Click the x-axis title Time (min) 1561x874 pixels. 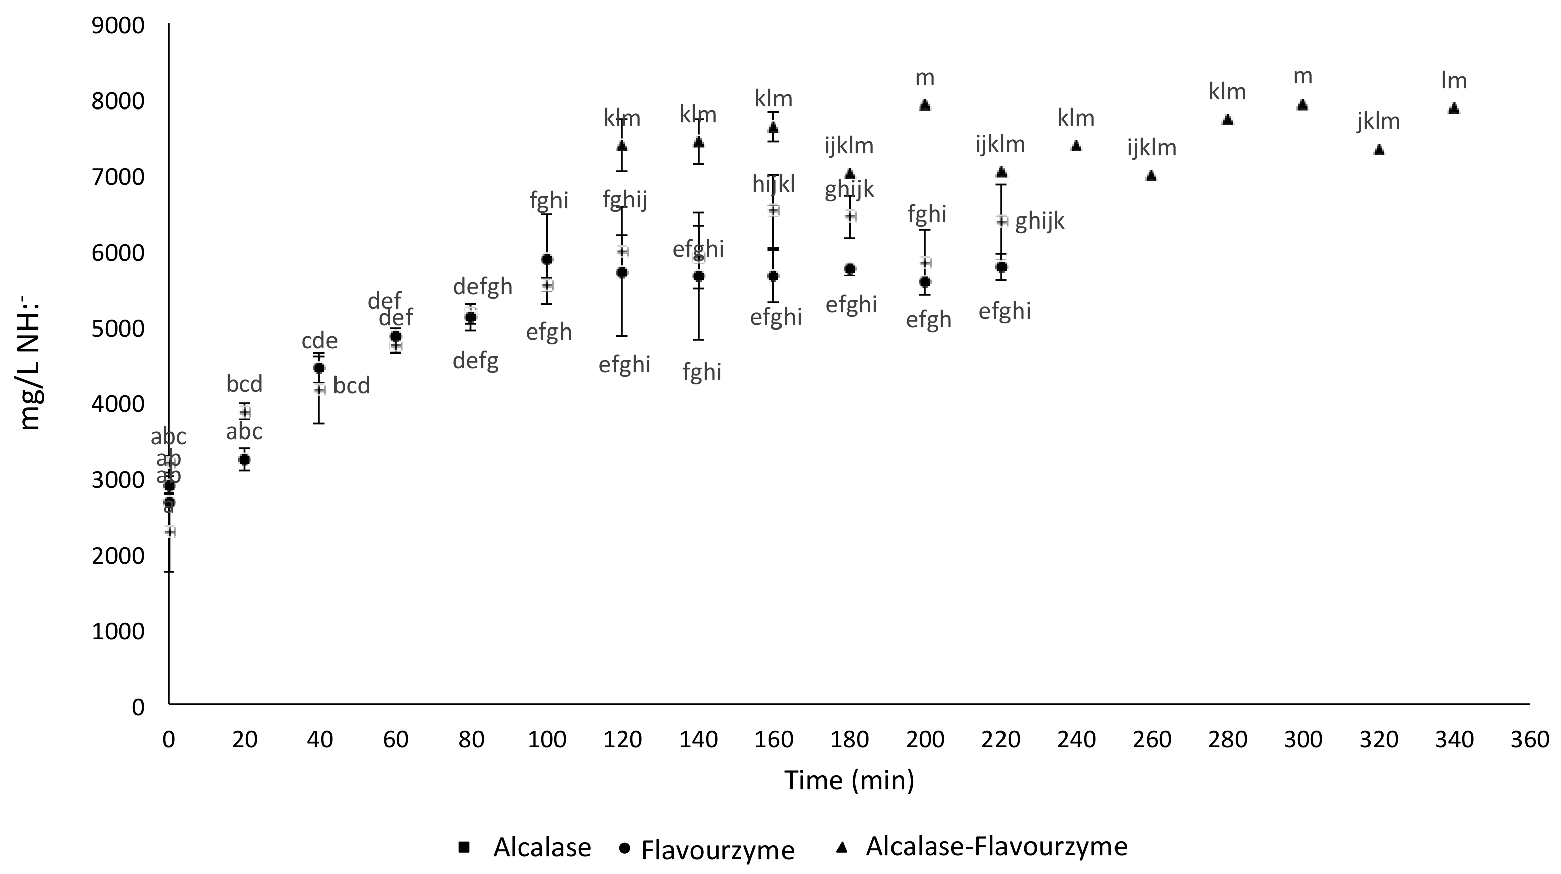849,780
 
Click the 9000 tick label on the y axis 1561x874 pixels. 118,26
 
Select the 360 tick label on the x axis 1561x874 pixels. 1529,739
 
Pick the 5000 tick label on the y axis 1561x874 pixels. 118,329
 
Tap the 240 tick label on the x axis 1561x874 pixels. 1076,739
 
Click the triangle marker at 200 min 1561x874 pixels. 925,105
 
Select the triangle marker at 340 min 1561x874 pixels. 1454,108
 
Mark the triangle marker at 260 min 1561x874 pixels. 1151,176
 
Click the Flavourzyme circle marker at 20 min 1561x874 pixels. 244,460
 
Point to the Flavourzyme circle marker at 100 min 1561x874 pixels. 547,259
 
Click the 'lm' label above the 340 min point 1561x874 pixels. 1454,80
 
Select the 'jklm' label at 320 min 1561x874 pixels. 1378,121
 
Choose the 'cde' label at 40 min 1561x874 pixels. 319,340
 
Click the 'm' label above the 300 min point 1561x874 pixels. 1303,76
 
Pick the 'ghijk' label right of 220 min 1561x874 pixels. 1039,221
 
